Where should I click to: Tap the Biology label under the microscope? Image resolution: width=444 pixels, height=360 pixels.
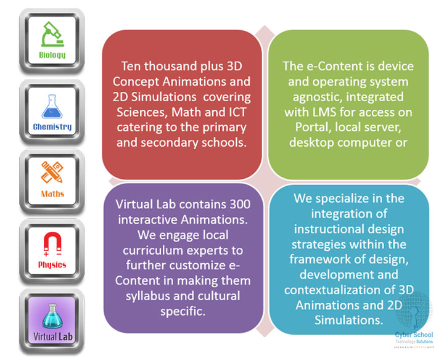coord(52,55)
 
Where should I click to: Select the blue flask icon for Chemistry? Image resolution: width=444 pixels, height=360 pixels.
coord(52,105)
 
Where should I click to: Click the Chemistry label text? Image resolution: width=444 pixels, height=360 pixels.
coord(52,127)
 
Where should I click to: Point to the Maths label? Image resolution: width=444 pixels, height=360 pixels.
coord(52,194)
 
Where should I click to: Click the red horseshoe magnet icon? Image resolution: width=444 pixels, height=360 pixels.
coord(52,242)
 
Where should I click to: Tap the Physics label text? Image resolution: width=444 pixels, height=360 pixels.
coord(52,265)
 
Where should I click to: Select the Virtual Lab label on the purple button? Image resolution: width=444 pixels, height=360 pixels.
coord(52,337)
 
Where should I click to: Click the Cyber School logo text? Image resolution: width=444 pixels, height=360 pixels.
coord(414,335)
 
